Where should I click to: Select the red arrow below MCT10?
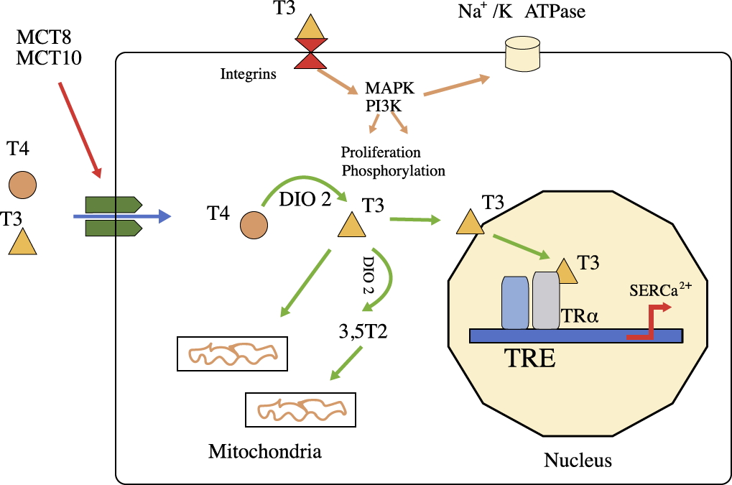[79, 129]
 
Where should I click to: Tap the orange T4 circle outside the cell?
[22, 184]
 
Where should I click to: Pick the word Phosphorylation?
[393, 171]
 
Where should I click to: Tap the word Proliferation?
[381, 152]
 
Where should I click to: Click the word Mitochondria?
[264, 452]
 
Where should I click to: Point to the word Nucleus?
[578, 460]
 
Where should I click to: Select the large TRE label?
[528, 357]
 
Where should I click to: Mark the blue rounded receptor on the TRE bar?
[515, 302]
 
